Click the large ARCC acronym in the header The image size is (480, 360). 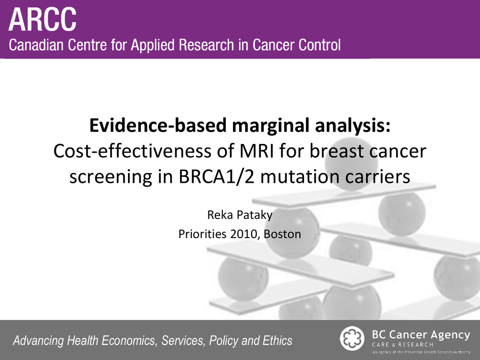42,19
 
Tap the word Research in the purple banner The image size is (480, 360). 207,45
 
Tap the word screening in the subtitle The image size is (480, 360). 111,177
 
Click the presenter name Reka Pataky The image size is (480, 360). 240,215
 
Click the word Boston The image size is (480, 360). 282,234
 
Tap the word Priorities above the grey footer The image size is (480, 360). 202,234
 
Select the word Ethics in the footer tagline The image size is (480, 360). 278,340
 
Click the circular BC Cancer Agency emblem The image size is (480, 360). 352,338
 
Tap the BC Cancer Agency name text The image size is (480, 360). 421,335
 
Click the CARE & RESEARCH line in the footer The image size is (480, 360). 403,345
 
